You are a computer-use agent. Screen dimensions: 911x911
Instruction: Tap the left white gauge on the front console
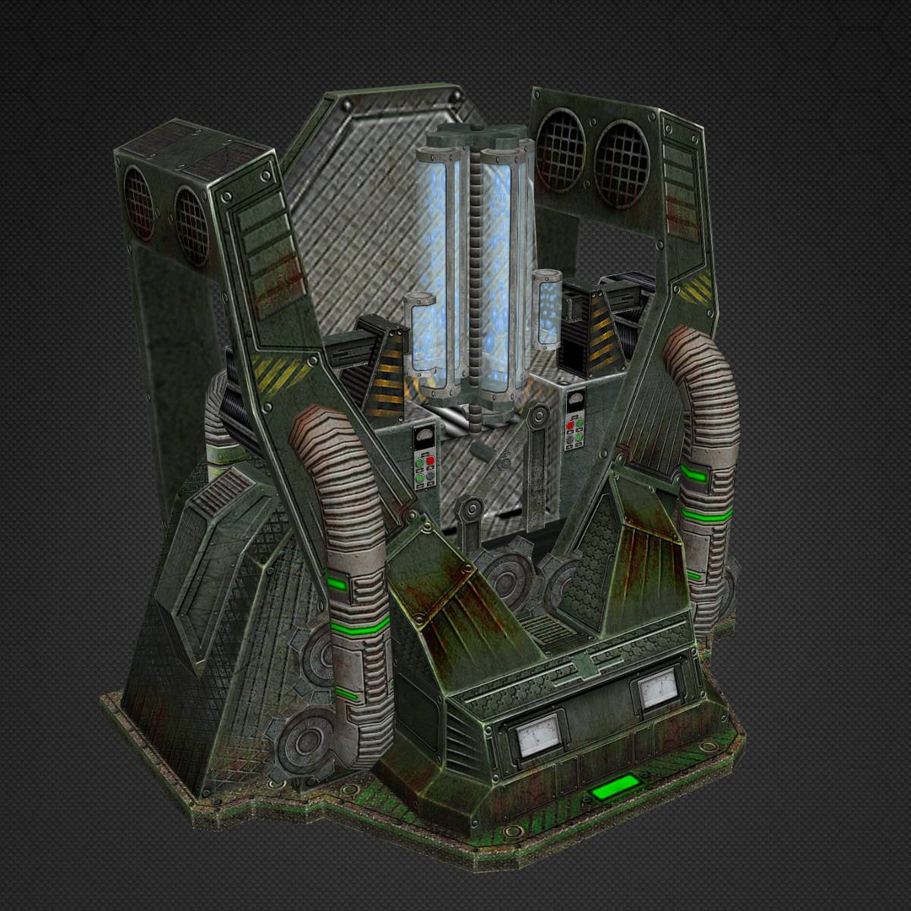(539, 735)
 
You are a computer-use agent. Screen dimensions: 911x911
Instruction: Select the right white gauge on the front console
(657, 689)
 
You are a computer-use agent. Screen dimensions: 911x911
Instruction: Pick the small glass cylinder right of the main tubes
(548, 310)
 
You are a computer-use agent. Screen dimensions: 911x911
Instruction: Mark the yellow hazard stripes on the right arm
(698, 289)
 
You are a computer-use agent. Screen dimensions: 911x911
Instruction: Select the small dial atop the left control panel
(424, 436)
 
